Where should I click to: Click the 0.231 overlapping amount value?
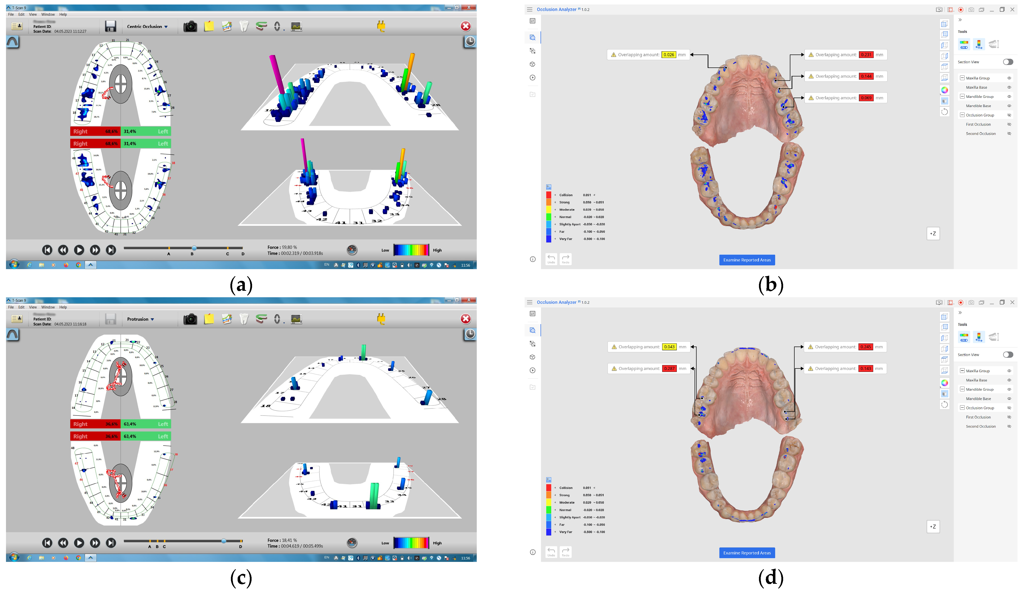pyautogui.click(x=866, y=55)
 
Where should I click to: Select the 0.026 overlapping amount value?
pyautogui.click(x=669, y=55)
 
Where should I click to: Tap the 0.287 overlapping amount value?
pyautogui.click(x=669, y=368)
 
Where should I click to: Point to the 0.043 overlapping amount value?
pyautogui.click(x=669, y=347)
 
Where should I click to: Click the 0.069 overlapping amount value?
pyautogui.click(x=866, y=98)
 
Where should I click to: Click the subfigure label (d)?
pyautogui.click(x=770, y=578)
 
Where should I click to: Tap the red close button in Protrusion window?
pyautogui.click(x=466, y=319)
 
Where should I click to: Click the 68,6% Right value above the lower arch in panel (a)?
pyautogui.click(x=111, y=144)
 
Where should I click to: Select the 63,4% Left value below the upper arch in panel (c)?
pyautogui.click(x=130, y=424)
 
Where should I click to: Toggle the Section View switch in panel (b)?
pyautogui.click(x=1008, y=62)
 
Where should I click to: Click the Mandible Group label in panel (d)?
pyautogui.click(x=980, y=390)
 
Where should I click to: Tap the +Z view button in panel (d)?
pyautogui.click(x=933, y=527)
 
